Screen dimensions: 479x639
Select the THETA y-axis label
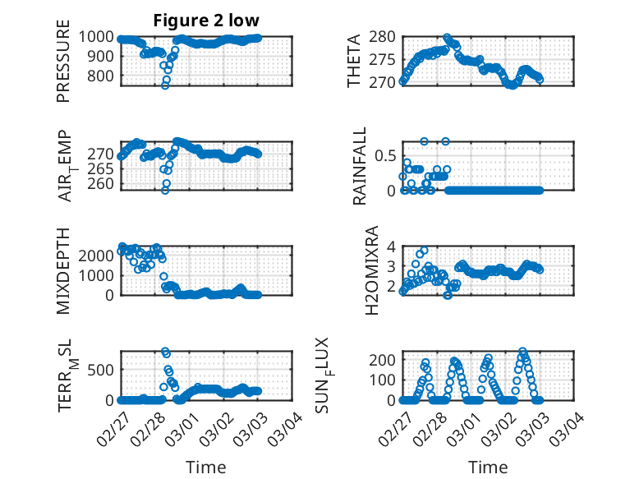point(354,62)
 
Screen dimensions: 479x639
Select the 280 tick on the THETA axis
point(384,37)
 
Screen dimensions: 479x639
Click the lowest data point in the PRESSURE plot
point(165,85)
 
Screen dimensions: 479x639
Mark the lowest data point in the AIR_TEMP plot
point(165,190)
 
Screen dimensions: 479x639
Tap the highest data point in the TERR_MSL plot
point(165,351)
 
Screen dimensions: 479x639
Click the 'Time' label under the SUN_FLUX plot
point(488,467)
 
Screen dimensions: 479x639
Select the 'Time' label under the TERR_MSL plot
point(206,467)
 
